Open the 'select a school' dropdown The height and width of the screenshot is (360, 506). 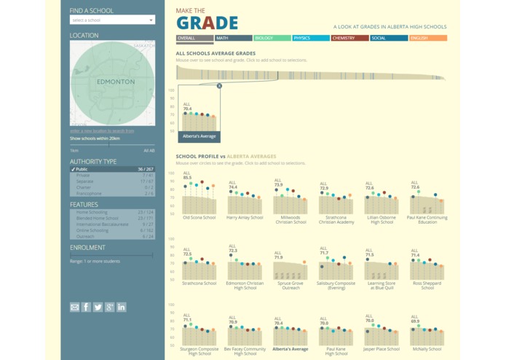tap(112, 20)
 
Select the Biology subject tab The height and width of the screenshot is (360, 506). tap(272, 38)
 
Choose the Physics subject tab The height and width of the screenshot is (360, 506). tap(311, 38)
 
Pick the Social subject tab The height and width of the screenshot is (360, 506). tap(388, 38)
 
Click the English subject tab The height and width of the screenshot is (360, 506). tap(427, 38)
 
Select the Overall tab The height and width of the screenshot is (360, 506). tap(194, 38)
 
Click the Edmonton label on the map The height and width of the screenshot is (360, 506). tap(116, 82)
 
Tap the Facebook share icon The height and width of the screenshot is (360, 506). tap(86, 307)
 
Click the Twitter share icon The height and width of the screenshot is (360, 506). tap(98, 307)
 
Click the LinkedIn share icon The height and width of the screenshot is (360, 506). tap(121, 307)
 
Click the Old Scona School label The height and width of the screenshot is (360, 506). tap(199, 217)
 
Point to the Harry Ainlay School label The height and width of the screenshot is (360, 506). tap(245, 217)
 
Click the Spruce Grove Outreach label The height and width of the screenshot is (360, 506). tap(290, 285)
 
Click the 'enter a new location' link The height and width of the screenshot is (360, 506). tap(102, 131)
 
